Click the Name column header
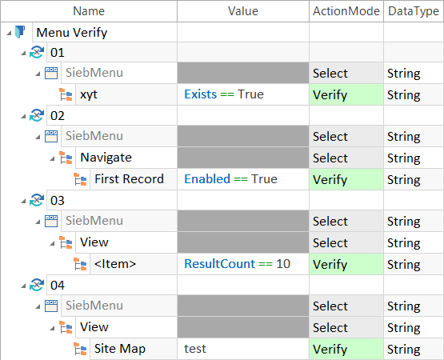point(89,11)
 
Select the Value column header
point(243,11)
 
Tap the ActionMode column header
point(346,11)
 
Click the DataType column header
point(414,11)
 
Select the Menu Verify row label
point(72,33)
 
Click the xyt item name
point(89,94)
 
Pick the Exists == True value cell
point(224,94)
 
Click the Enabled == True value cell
point(230,179)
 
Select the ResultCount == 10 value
point(237,264)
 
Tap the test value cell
point(195,349)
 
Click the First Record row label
point(129,179)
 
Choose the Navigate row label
point(106,158)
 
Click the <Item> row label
point(115,264)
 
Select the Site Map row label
point(120,349)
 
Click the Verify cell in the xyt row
point(346,94)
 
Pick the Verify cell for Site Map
point(346,349)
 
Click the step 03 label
point(58,201)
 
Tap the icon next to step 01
point(37,52)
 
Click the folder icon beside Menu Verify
point(20,32)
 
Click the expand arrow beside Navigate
point(52,158)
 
